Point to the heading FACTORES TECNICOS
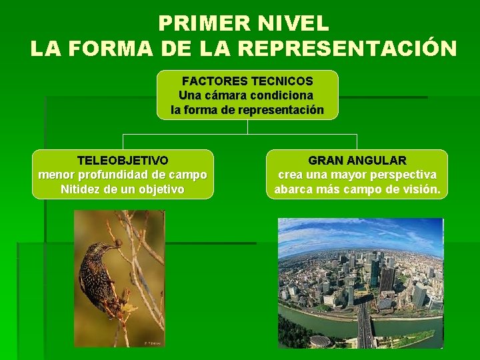[x=247, y=81]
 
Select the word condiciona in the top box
[x=282, y=95]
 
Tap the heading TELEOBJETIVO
[x=123, y=161]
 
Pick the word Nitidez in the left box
[x=81, y=189]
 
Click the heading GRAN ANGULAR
[x=357, y=161]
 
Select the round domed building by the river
[x=320, y=341]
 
